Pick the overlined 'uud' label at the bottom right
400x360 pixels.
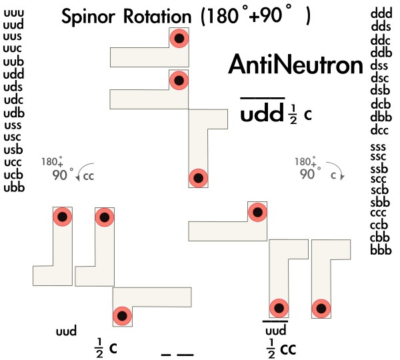pyautogui.click(x=276, y=330)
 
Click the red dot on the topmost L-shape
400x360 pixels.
pyautogui.click(x=178, y=39)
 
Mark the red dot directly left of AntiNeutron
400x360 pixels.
pyautogui.click(x=178, y=81)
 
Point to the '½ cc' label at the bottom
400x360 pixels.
pyautogui.click(x=281, y=347)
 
